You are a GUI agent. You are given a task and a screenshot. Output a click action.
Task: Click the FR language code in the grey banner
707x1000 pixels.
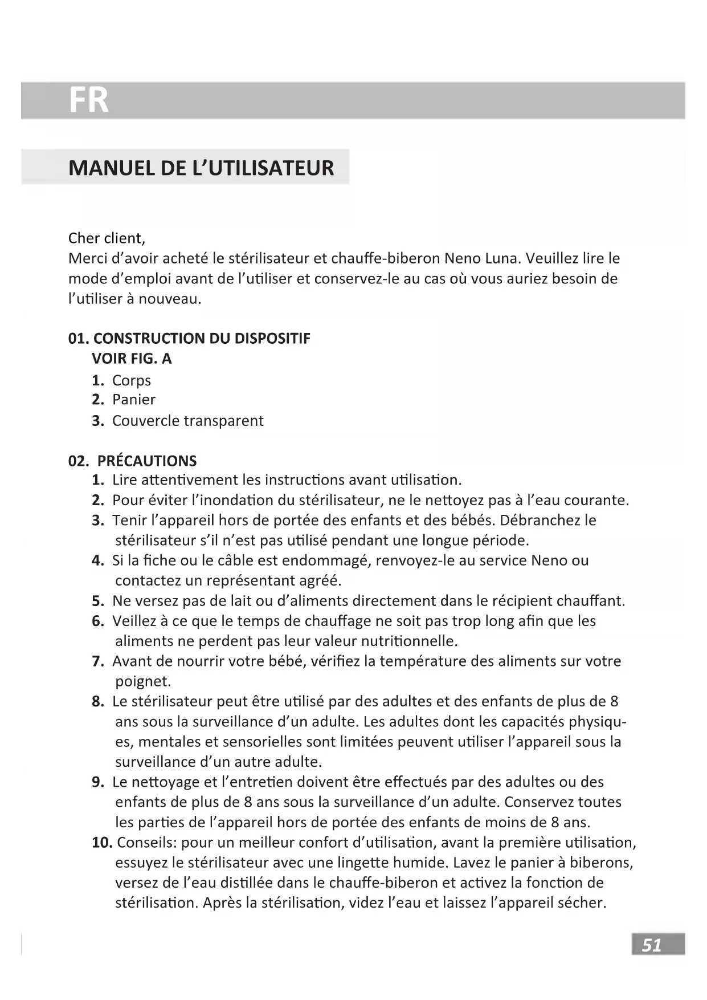point(88,100)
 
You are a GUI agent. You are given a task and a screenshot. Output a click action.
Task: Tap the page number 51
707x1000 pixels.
point(652,945)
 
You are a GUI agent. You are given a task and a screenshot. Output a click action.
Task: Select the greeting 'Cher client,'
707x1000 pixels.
point(107,238)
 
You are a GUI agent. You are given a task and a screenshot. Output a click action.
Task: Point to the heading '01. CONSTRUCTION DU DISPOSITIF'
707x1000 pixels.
point(189,339)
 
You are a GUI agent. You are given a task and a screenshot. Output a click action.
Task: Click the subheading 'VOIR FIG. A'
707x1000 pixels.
point(132,359)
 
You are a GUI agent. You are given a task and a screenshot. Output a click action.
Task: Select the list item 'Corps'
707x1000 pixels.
point(131,380)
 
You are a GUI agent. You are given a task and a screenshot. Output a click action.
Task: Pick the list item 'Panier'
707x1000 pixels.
point(133,400)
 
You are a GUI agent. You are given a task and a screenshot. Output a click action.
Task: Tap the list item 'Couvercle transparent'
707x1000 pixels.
point(187,421)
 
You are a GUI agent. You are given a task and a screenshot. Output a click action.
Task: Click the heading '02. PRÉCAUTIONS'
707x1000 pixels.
point(132,461)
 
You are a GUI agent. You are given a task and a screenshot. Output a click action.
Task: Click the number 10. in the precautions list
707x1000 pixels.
point(102,843)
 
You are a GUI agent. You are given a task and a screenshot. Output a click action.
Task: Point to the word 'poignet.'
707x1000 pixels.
point(143,681)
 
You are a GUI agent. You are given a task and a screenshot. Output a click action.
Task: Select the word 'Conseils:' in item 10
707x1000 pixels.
point(147,843)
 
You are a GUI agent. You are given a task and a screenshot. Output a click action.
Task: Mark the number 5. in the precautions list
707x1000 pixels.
point(97,601)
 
